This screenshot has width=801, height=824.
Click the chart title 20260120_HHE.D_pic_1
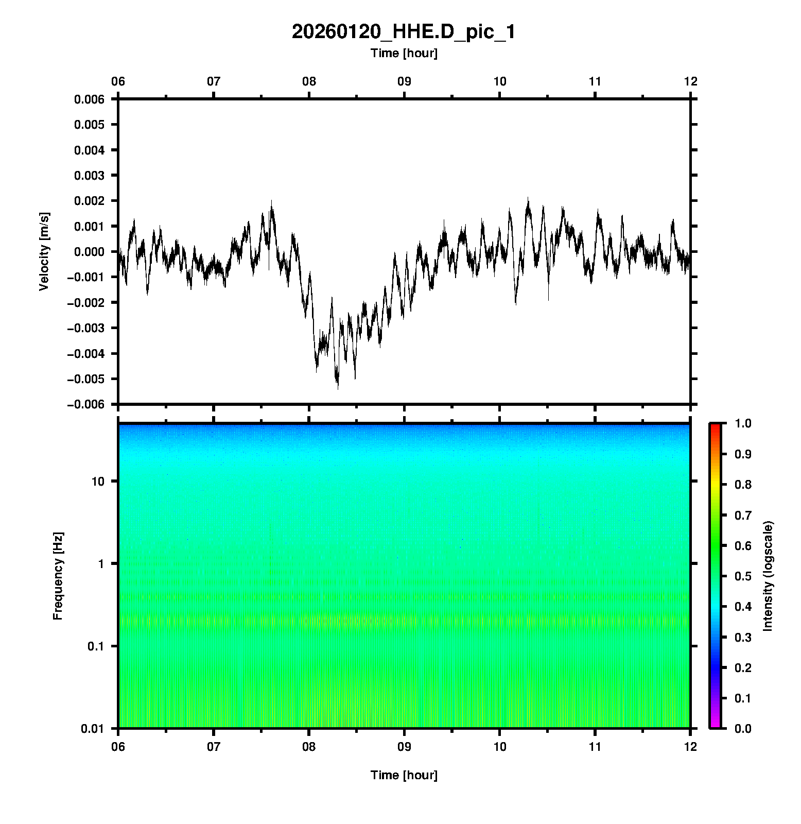403,32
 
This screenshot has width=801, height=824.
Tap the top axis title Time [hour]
404,53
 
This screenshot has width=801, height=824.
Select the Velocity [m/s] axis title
44,251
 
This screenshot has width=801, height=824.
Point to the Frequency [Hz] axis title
58,576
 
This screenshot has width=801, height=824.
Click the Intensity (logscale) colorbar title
768,576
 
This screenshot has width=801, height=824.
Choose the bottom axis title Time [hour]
404,775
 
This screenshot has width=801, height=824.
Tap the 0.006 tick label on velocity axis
89,99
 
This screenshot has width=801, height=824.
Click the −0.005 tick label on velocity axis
85,379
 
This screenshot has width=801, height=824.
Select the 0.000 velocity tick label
89,252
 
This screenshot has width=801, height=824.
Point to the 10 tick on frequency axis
98,482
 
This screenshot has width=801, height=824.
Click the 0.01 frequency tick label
93,728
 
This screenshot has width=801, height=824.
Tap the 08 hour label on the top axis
309,81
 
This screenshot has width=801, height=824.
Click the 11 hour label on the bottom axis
595,746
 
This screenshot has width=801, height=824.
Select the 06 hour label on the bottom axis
118,746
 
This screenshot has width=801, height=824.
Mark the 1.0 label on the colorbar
744,423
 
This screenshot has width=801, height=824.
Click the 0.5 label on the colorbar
744,576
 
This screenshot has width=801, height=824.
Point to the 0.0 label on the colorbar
744,728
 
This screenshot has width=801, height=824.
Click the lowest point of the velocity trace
338,388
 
